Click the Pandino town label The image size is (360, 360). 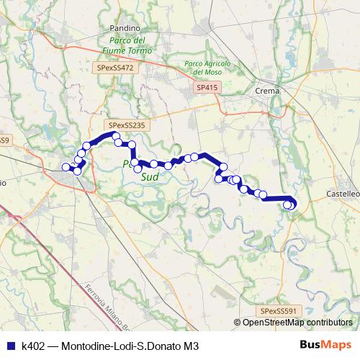click(x=125, y=27)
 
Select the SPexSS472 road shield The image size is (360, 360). click(x=114, y=67)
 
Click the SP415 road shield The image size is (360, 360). click(x=205, y=87)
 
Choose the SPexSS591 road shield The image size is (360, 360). click(x=279, y=310)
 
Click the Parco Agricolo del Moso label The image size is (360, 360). click(x=209, y=68)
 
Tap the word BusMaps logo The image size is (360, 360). click(x=325, y=346)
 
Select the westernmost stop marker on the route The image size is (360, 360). click(x=66, y=168)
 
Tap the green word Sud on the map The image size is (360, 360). click(x=150, y=176)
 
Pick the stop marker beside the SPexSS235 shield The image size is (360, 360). click(x=116, y=135)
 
